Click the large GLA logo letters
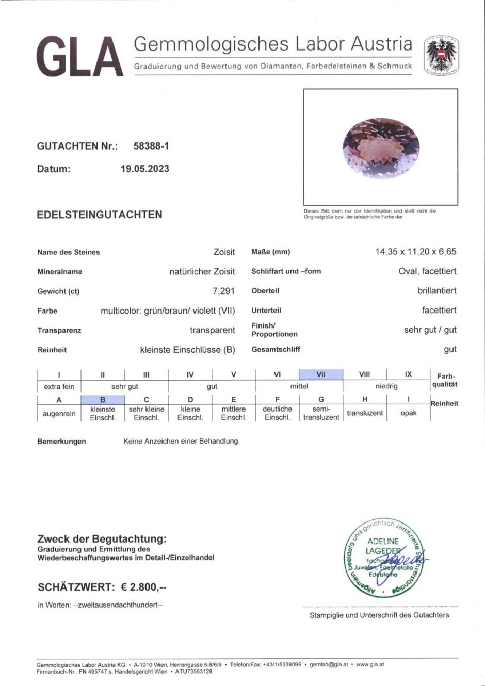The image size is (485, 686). point(80,57)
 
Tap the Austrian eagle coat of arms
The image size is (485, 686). point(441,56)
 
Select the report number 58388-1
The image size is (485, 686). point(151,146)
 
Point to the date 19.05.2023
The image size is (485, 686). point(145,169)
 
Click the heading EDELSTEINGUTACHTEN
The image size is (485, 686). point(100,215)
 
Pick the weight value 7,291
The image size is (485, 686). point(224,291)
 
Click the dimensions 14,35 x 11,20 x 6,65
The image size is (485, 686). point(416,252)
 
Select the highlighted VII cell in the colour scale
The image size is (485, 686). point(320,374)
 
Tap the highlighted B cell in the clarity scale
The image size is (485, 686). point(103,400)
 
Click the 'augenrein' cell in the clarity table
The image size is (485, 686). point(59,414)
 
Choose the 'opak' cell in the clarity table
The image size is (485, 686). point(408,413)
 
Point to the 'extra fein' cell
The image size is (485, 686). point(59,386)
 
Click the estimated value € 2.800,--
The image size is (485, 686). point(144,587)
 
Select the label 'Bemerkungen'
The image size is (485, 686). point(62,442)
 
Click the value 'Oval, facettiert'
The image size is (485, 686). point(427,271)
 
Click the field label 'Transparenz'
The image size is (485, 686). point(59,331)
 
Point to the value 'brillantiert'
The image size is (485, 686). point(436,291)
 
